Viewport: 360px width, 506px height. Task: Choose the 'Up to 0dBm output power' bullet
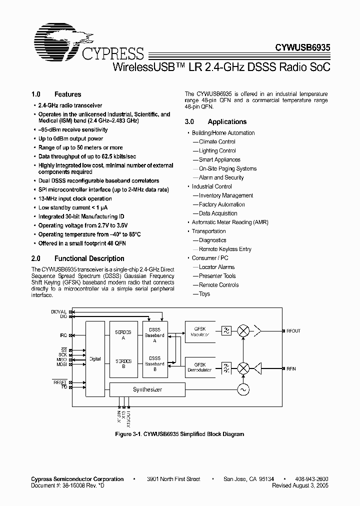point(70,138)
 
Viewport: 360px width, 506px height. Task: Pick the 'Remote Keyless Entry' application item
point(225,249)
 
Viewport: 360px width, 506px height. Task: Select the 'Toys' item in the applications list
point(204,294)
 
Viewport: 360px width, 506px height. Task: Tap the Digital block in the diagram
point(95,358)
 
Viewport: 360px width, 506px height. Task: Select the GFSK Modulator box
point(199,331)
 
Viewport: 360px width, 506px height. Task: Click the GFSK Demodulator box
point(199,367)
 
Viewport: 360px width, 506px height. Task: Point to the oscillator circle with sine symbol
point(243,389)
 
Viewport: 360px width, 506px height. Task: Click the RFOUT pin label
point(293,331)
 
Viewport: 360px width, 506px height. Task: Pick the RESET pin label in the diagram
point(60,382)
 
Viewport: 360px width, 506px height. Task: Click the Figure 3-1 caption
point(180,434)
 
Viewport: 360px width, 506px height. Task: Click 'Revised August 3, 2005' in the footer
point(300,485)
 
